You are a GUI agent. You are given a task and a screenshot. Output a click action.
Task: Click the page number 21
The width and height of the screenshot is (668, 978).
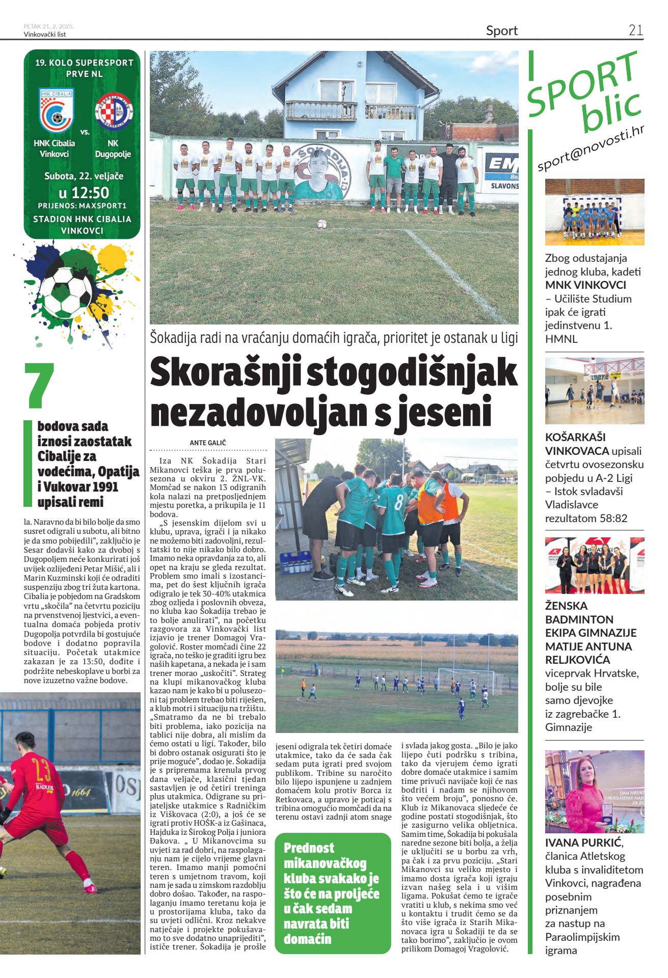click(x=635, y=30)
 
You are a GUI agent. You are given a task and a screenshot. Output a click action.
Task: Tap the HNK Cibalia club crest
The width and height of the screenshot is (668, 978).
click(x=56, y=111)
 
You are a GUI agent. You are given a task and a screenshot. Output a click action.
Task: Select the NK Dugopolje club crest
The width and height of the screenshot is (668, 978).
click(x=113, y=111)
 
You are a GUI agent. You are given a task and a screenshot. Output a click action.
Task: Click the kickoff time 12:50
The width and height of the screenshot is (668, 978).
click(x=84, y=193)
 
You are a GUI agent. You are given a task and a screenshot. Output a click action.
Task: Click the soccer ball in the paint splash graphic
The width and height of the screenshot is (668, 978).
click(x=66, y=291)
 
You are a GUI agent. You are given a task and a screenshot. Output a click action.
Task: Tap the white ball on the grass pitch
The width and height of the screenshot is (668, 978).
click(x=322, y=223)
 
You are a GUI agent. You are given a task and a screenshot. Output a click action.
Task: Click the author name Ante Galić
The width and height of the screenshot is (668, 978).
click(x=208, y=443)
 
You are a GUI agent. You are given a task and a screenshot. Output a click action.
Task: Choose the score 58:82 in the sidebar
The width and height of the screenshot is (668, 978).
click(x=610, y=518)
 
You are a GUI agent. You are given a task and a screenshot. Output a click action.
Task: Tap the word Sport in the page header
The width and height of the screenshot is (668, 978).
click(x=501, y=31)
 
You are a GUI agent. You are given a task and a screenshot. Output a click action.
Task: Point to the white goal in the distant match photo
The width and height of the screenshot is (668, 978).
click(x=466, y=678)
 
